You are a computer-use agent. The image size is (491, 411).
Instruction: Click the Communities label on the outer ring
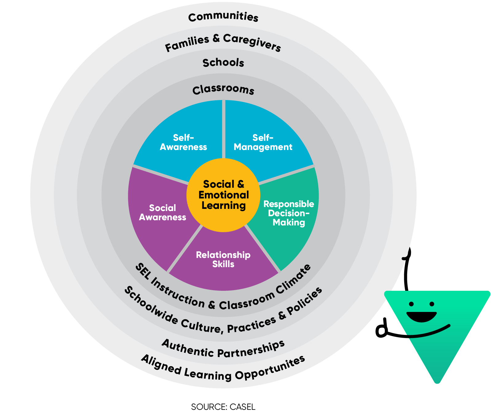223,17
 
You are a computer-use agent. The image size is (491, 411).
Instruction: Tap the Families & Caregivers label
223,43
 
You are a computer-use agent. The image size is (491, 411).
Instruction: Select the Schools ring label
223,63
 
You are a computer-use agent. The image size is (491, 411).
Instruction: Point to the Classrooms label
223,90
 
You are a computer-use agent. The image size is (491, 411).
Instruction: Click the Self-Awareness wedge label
183,142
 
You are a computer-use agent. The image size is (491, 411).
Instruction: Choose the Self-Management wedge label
263,142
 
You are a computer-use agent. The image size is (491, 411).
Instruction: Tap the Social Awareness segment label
163,213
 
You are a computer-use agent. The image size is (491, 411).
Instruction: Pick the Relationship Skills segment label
223,259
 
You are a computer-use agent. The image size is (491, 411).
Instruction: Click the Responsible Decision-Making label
289,213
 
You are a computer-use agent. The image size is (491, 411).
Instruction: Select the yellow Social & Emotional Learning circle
223,195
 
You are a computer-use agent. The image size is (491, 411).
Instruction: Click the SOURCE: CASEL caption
223,407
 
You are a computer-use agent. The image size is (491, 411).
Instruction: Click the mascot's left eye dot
411,304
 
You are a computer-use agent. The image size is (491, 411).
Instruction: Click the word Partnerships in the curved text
251,350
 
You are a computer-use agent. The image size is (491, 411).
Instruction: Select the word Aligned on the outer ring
161,364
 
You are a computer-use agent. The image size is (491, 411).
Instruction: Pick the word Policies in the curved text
305,302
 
